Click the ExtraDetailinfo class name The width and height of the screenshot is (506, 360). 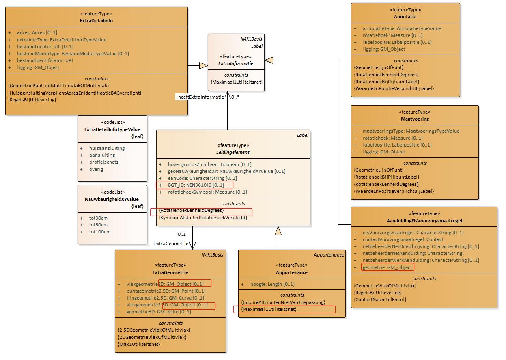[96, 21]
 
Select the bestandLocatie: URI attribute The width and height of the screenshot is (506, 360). [45, 47]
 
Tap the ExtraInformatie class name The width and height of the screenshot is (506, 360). [236, 63]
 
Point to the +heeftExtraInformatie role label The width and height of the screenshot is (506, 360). [200, 97]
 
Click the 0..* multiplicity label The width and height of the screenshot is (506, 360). [235, 97]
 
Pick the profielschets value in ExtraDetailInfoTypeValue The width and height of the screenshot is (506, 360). [104, 162]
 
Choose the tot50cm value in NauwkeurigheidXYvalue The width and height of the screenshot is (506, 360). [98, 225]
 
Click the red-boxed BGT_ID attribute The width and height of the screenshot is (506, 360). [196, 185]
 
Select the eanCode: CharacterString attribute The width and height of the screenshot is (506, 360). [202, 178]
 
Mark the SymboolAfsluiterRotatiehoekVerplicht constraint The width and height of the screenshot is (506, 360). [203, 218]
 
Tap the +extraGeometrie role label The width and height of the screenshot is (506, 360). [170, 244]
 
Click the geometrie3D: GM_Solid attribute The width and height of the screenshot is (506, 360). [159, 312]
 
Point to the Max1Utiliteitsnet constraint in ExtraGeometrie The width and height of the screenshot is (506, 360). [139, 344]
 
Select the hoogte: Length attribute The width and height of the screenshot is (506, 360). [272, 284]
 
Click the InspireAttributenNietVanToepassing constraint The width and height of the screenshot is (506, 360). [283, 302]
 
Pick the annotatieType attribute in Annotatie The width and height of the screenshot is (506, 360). [402, 28]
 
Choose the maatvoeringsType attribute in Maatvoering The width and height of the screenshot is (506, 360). [411, 131]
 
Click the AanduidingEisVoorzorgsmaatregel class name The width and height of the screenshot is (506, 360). [424, 221]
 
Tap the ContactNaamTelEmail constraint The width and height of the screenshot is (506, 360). [380, 300]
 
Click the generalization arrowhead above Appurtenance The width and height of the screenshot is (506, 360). [278, 230]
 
